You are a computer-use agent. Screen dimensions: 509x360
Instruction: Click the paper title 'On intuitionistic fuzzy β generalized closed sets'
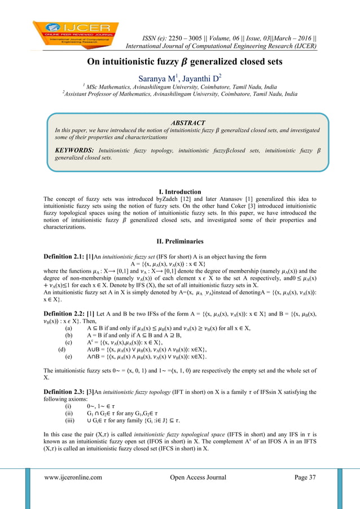(x=180, y=63)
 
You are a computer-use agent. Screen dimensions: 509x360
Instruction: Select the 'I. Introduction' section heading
(x=180, y=192)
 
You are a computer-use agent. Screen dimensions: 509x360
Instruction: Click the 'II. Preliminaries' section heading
(x=180, y=242)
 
